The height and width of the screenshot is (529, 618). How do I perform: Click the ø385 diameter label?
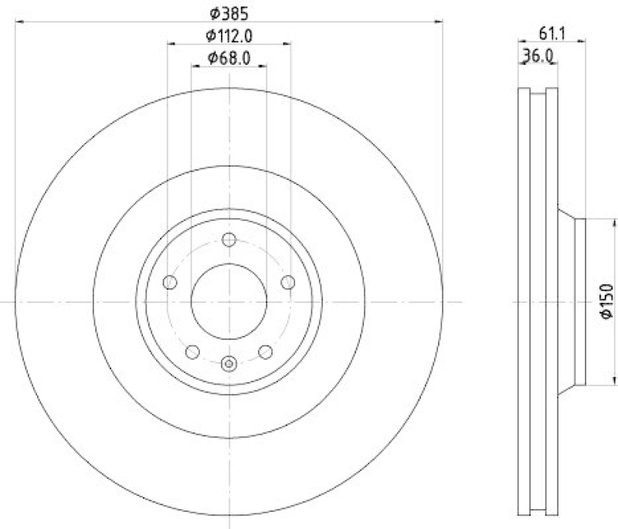229,12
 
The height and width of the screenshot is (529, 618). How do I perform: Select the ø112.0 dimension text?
229,35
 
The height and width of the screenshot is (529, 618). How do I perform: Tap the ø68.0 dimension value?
229,57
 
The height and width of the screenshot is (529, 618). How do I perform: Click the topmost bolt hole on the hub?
229,239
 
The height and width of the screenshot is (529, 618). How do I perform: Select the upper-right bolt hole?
287,282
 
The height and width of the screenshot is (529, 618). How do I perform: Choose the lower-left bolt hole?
192,351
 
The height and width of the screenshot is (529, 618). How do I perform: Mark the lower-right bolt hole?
265,351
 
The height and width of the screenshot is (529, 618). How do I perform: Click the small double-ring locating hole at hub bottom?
229,363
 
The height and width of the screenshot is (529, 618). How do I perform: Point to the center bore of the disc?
229,301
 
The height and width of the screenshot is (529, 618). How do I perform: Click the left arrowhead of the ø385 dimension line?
19,22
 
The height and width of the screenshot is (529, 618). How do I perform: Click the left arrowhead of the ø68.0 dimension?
195,67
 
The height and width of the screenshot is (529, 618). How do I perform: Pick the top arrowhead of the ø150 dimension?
589,222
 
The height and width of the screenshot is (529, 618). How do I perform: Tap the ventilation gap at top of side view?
538,94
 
